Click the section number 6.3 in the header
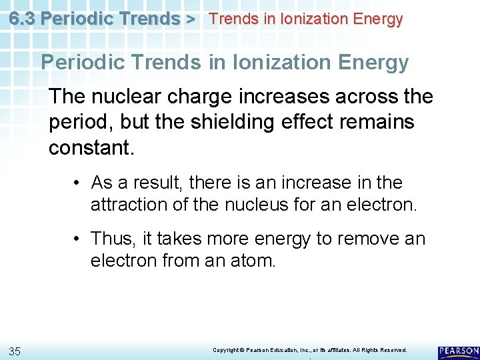pyautogui.click(x=22, y=18)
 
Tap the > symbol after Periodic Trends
pyautogui.click(x=190, y=19)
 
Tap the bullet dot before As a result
pyautogui.click(x=78, y=183)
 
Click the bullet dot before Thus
pyautogui.click(x=78, y=239)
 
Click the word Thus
pyautogui.click(x=112, y=238)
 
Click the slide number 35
pyautogui.click(x=15, y=351)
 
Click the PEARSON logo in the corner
pyautogui.click(x=459, y=351)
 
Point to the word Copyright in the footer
pyautogui.click(x=227, y=350)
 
